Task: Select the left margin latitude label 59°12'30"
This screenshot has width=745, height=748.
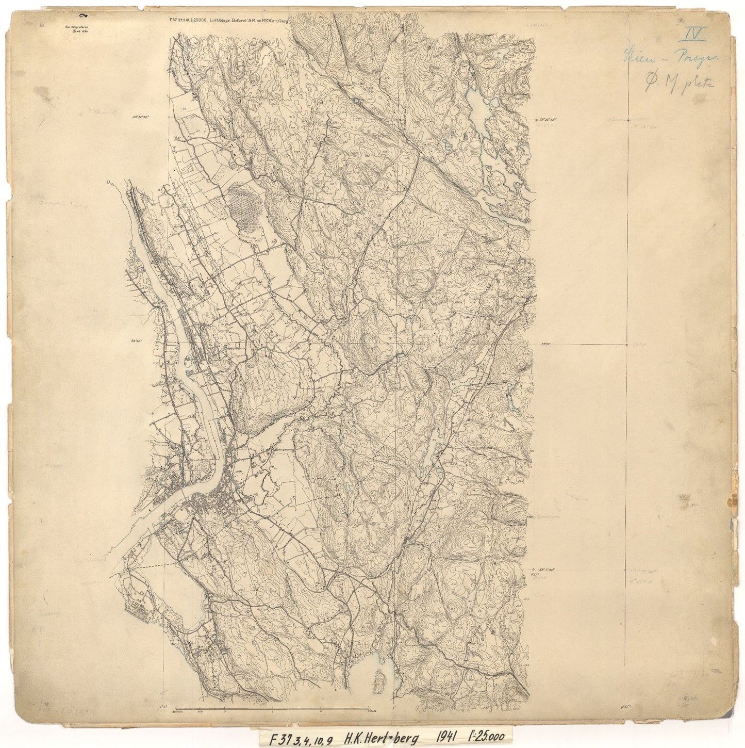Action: coord(140,118)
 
